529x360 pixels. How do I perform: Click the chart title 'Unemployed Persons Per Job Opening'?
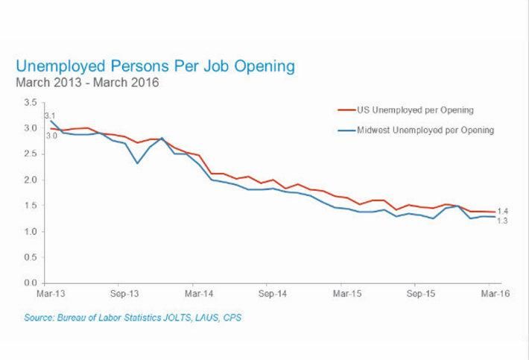[x=155, y=66]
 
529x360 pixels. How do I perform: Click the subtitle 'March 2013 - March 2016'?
[x=87, y=82]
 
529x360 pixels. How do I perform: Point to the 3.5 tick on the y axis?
[x=31, y=102]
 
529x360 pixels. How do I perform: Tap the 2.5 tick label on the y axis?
[x=31, y=154]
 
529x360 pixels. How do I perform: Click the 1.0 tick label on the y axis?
[x=31, y=232]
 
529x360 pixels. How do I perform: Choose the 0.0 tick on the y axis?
[x=31, y=283]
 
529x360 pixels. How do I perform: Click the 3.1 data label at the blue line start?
[x=51, y=116]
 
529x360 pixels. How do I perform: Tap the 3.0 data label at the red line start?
[x=51, y=136]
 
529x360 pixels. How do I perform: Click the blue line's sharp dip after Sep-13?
[x=137, y=162]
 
